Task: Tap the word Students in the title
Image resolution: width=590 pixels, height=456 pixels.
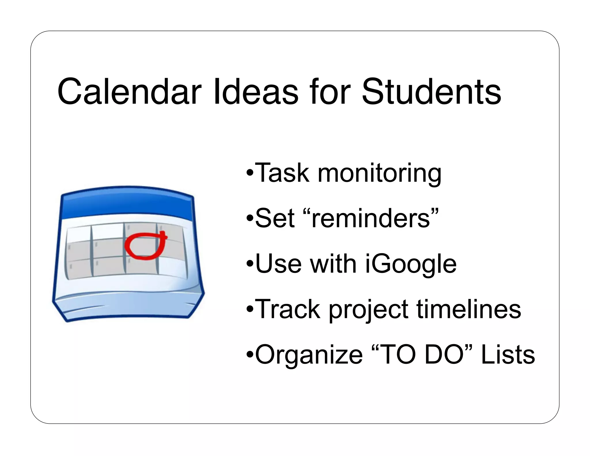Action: point(431,92)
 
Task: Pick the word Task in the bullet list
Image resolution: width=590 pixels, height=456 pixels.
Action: point(282,173)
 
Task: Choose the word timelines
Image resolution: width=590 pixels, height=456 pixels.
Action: point(469,309)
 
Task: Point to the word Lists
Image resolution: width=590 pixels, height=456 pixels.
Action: point(508,355)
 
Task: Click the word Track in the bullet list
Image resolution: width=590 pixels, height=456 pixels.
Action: point(288,309)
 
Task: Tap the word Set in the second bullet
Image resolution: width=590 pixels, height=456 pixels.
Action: point(275,218)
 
